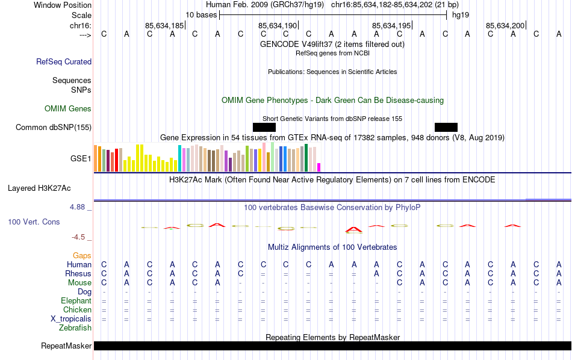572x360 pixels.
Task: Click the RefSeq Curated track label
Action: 64,61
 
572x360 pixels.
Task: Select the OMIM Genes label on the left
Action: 68,109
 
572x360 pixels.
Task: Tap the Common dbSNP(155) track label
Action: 54,127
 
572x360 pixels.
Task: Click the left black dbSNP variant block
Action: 264,127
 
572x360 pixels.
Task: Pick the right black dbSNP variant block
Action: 446,127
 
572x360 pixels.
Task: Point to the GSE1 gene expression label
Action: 81,158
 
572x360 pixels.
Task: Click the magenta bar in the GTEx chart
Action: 319,167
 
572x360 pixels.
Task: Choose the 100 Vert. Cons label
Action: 34,222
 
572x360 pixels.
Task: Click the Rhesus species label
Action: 78,274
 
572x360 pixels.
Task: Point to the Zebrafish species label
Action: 75,328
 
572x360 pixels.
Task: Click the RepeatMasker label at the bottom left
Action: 66,346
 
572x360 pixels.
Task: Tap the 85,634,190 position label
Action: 278,26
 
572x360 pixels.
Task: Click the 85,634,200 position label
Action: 505,26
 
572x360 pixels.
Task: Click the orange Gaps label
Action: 82,256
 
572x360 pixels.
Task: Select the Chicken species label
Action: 77,310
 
